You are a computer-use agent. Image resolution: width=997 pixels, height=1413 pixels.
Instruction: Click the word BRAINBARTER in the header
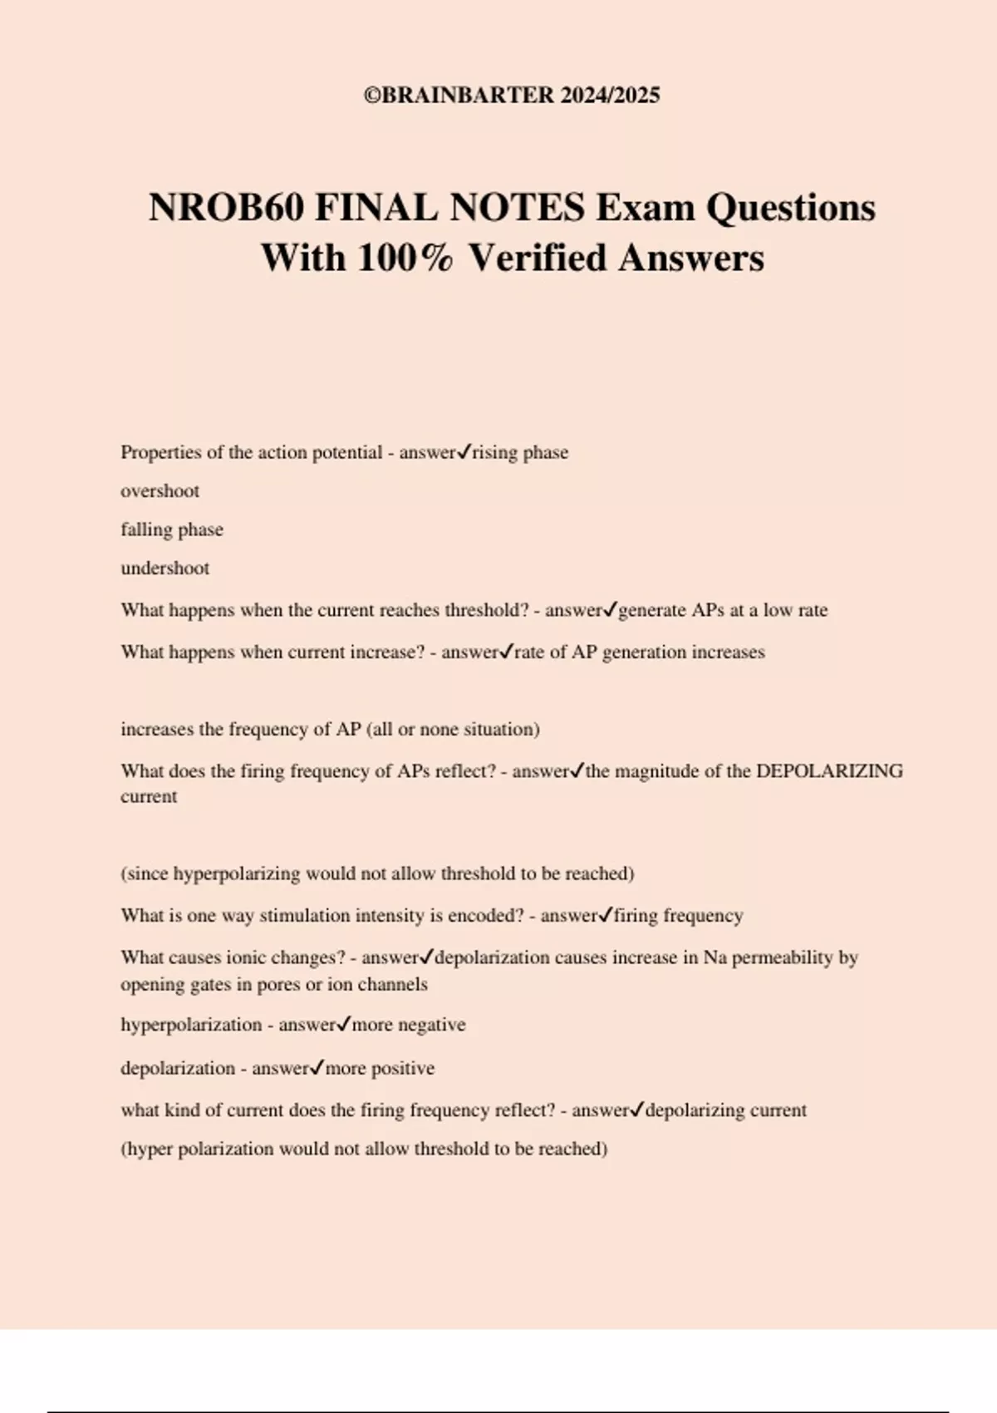[x=468, y=95]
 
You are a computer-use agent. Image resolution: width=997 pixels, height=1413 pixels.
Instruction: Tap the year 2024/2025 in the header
[x=610, y=95]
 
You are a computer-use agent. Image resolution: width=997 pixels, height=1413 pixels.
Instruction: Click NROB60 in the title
[x=226, y=207]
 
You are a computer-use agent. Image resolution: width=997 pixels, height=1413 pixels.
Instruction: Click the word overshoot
[x=160, y=491]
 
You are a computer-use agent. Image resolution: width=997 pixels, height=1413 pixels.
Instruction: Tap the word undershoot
[x=165, y=569]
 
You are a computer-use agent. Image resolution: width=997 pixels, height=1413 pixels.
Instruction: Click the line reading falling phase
[x=171, y=529]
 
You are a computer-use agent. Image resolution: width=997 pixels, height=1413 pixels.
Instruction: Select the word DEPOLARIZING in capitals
[x=829, y=771]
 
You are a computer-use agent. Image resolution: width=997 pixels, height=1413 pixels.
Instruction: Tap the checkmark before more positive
[x=317, y=1068]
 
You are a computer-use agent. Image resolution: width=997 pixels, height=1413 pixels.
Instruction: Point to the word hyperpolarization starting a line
[x=191, y=1025]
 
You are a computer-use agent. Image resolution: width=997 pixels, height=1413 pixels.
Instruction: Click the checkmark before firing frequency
[x=606, y=915]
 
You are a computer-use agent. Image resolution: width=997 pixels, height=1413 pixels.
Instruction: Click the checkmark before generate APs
[x=610, y=610]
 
